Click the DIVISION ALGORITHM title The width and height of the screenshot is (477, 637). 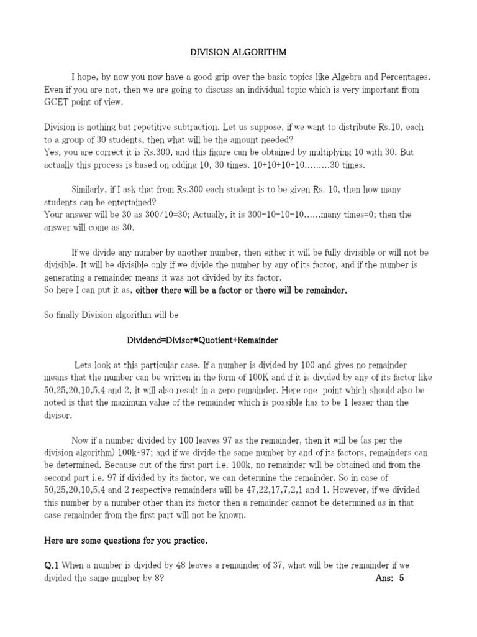pyautogui.click(x=238, y=53)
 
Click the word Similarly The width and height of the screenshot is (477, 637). pyautogui.click(x=93, y=189)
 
